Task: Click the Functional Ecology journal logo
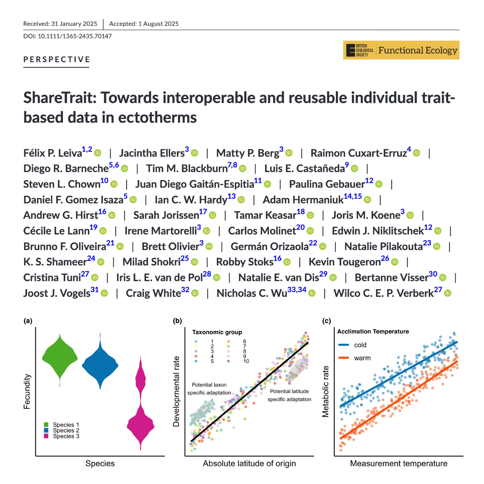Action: coord(401,50)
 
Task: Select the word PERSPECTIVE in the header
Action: coord(57,59)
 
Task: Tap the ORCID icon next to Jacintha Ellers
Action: coord(194,153)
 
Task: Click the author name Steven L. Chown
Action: coord(62,184)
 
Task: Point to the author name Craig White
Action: coord(153,293)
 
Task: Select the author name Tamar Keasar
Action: coord(265,215)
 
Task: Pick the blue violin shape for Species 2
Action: coord(100,364)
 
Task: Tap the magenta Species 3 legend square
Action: coord(46,436)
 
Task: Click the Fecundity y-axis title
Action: coord(27,392)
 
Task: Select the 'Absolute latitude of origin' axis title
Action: coord(249,463)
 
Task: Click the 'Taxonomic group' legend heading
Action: coord(217,332)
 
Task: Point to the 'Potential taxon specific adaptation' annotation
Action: coord(209,389)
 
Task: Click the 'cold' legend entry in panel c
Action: coord(360,345)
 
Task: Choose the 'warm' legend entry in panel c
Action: coord(362,358)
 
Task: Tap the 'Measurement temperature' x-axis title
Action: coord(399,463)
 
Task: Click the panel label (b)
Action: coord(177,321)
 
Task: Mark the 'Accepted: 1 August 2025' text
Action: coord(144,24)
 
